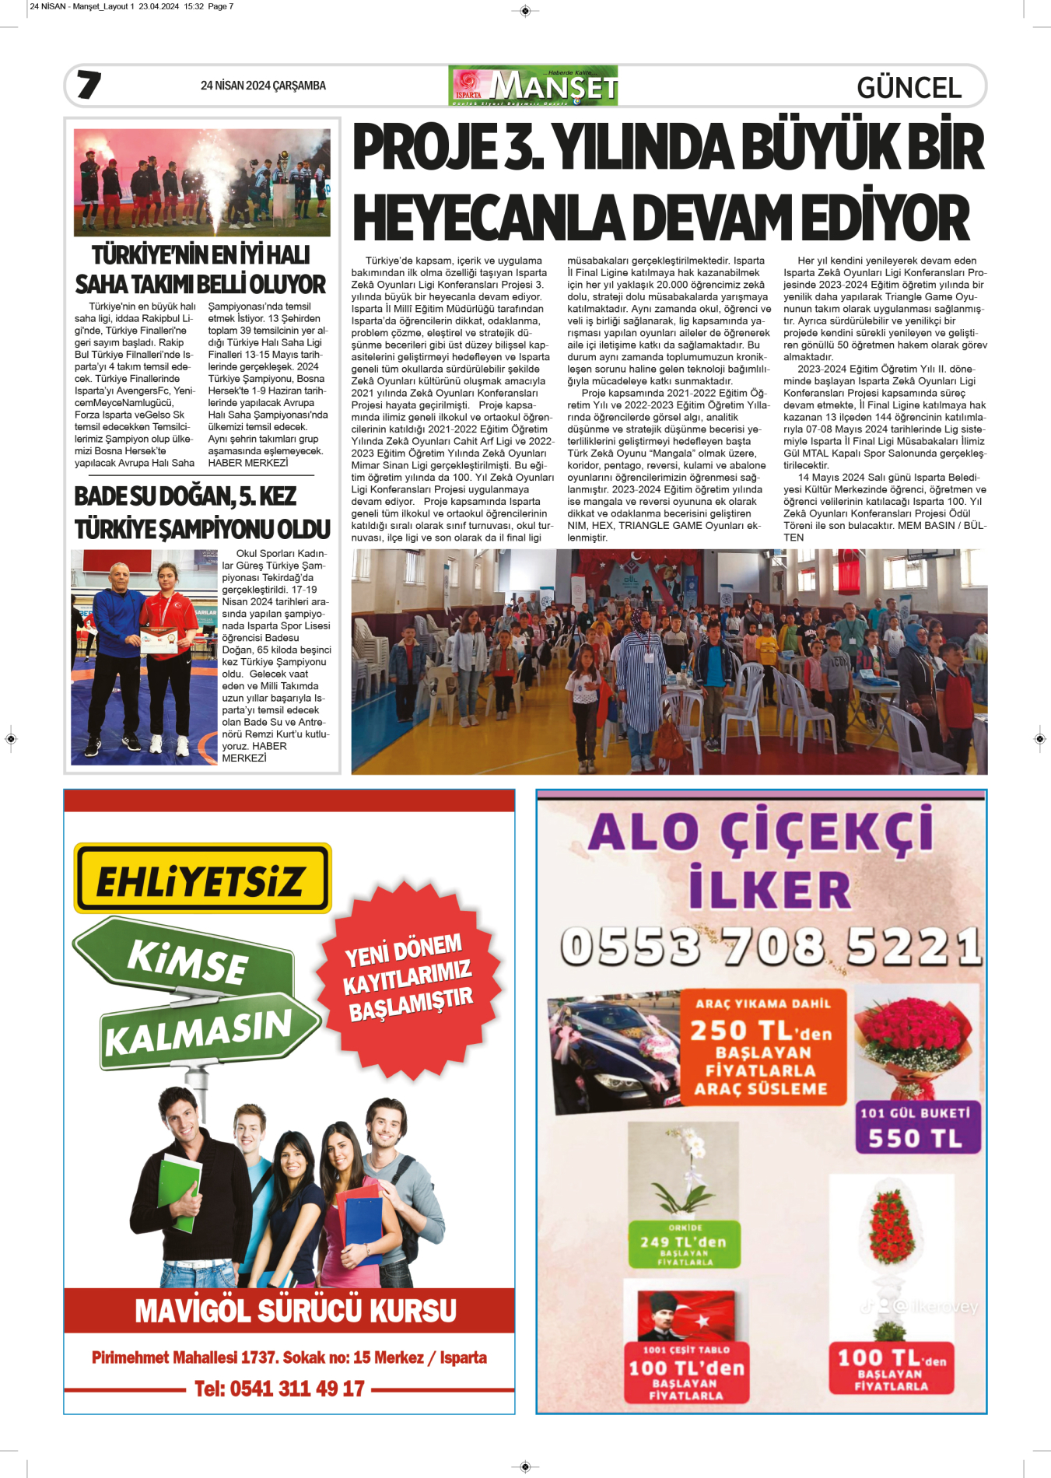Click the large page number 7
89,85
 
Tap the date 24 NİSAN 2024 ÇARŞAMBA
263,86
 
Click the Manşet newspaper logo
533,86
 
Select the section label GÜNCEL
909,88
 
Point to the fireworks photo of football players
202,183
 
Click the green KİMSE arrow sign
187,958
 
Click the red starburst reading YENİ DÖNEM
408,978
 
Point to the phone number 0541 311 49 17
279,1389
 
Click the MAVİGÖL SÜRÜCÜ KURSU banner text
296,1311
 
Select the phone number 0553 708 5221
770,947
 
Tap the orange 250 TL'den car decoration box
763,1047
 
